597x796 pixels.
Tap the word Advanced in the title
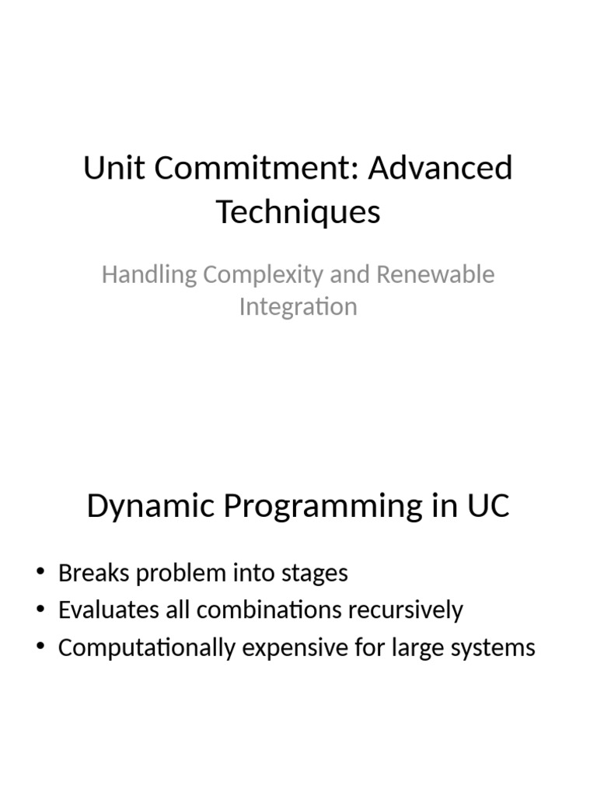(440, 168)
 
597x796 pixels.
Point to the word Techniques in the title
(298, 211)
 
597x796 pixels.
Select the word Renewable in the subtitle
(438, 274)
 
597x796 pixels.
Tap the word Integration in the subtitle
(298, 306)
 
